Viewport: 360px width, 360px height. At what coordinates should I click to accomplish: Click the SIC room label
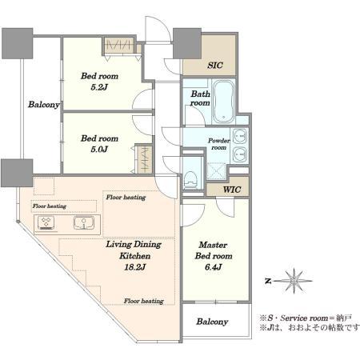pos(215,66)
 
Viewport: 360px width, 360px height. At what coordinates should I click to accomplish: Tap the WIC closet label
pos(232,190)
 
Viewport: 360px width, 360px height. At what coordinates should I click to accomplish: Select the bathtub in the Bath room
pos(223,102)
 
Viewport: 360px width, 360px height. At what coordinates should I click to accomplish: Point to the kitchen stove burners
pos(46,223)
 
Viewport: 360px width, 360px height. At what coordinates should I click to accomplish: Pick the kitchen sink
pos(84,222)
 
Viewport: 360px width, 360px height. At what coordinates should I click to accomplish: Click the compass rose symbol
pos(294,281)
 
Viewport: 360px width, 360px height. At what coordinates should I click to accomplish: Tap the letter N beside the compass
pos(268,281)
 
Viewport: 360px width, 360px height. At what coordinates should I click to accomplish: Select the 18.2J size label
pos(134,267)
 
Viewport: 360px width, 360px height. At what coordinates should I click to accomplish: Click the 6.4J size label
pos(214,267)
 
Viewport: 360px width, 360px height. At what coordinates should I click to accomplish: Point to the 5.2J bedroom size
pos(99,87)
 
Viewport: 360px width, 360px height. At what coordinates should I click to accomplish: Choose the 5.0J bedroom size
pos(99,150)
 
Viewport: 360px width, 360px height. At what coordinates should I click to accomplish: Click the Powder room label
pos(218,144)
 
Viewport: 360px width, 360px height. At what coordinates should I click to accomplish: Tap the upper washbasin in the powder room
pos(240,136)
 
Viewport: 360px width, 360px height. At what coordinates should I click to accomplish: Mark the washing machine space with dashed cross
pos(216,171)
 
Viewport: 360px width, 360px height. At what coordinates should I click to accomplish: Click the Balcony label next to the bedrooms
pos(44,105)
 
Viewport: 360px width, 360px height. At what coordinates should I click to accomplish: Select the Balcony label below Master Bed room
pos(212,322)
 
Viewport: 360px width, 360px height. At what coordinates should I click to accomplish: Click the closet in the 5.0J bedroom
pos(144,159)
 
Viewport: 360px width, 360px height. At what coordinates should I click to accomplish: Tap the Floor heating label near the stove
pos(50,206)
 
